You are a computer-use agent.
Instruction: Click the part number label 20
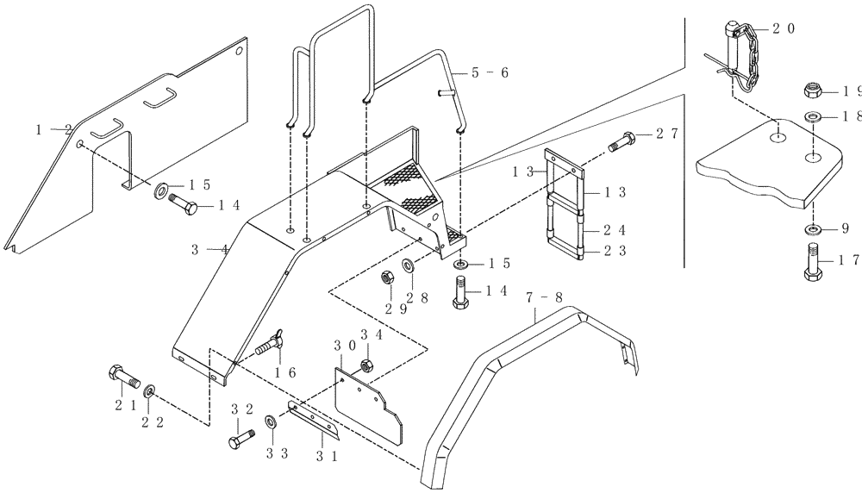pyautogui.click(x=784, y=28)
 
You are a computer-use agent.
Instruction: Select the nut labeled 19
pyautogui.click(x=813, y=90)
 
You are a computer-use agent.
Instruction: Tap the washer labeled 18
pyautogui.click(x=813, y=116)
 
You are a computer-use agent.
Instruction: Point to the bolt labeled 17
pyautogui.click(x=813, y=259)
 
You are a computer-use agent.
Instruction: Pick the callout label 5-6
pyautogui.click(x=490, y=73)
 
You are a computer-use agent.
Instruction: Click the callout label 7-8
pyautogui.click(x=546, y=297)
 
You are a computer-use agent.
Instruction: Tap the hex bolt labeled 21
pyautogui.click(x=122, y=377)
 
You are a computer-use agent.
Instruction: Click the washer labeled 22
pyautogui.click(x=151, y=392)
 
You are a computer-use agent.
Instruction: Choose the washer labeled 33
pyautogui.click(x=272, y=421)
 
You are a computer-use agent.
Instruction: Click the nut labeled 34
pyautogui.click(x=365, y=365)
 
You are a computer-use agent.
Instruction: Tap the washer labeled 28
pyautogui.click(x=407, y=265)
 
